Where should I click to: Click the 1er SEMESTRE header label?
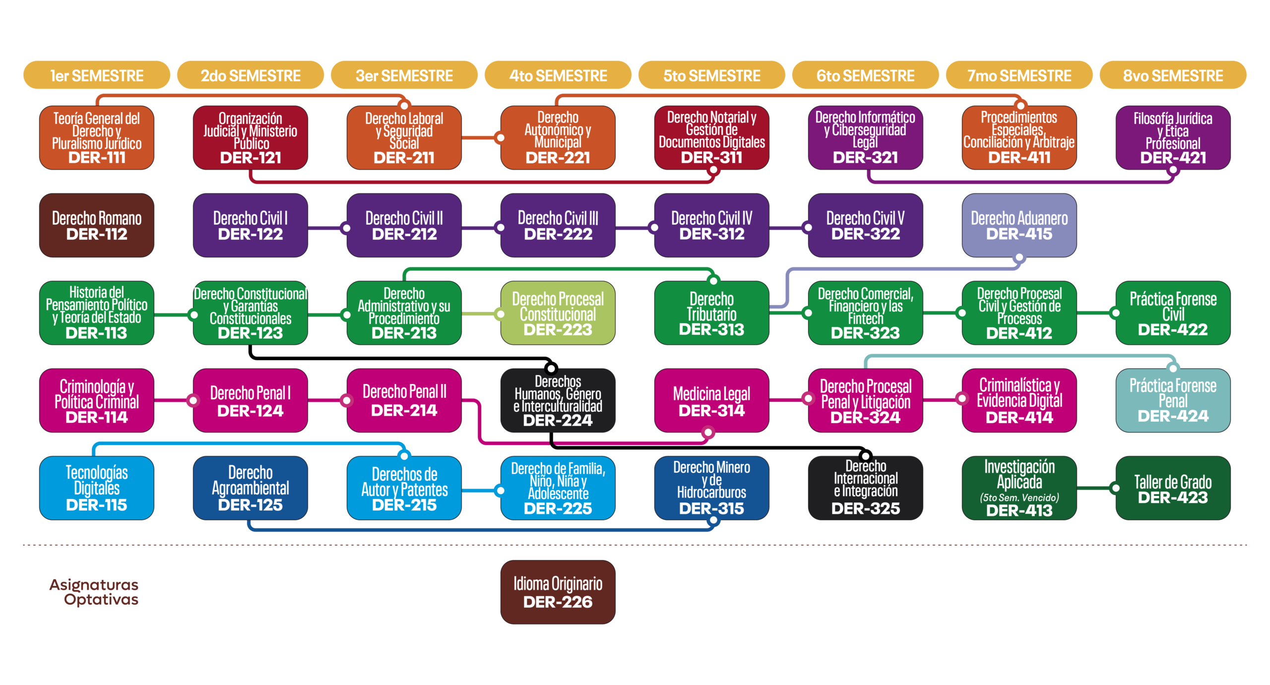(x=97, y=76)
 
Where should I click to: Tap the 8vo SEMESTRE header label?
(x=1173, y=76)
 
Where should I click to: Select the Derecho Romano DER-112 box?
(x=97, y=226)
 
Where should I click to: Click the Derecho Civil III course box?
(x=558, y=226)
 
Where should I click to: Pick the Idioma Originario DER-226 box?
(x=558, y=592)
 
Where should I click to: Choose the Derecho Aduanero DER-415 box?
(x=1019, y=226)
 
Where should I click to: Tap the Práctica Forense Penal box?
(x=1173, y=400)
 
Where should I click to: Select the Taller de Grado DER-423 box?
(x=1173, y=489)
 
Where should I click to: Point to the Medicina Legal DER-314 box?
(x=711, y=401)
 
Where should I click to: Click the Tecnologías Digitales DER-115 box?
(x=97, y=489)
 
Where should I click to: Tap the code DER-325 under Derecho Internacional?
(x=866, y=508)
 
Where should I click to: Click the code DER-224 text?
(x=558, y=421)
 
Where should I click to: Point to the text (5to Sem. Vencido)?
(x=1019, y=498)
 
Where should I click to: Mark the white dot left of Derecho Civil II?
(x=347, y=228)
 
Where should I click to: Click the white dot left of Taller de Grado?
(x=1116, y=488)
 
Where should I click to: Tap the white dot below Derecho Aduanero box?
(x=1019, y=257)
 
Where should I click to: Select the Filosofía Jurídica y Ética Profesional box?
(x=1173, y=138)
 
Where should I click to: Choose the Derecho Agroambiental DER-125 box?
(x=251, y=489)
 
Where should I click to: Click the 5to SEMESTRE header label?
(x=711, y=76)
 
